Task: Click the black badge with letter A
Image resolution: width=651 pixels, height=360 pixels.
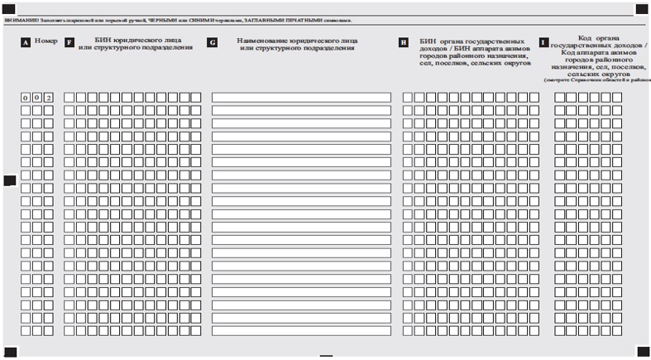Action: tap(26, 41)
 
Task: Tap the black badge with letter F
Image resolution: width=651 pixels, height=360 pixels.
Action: tap(69, 41)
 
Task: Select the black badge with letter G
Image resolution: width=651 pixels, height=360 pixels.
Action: tap(213, 41)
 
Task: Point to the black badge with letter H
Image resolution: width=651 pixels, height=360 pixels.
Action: tap(404, 41)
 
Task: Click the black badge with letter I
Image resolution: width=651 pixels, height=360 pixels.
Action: tap(543, 41)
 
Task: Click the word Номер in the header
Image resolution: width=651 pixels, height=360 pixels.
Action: tap(46, 41)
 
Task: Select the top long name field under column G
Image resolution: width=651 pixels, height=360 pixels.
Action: tap(301, 98)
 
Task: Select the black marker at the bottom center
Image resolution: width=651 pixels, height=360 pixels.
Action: tap(326, 356)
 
